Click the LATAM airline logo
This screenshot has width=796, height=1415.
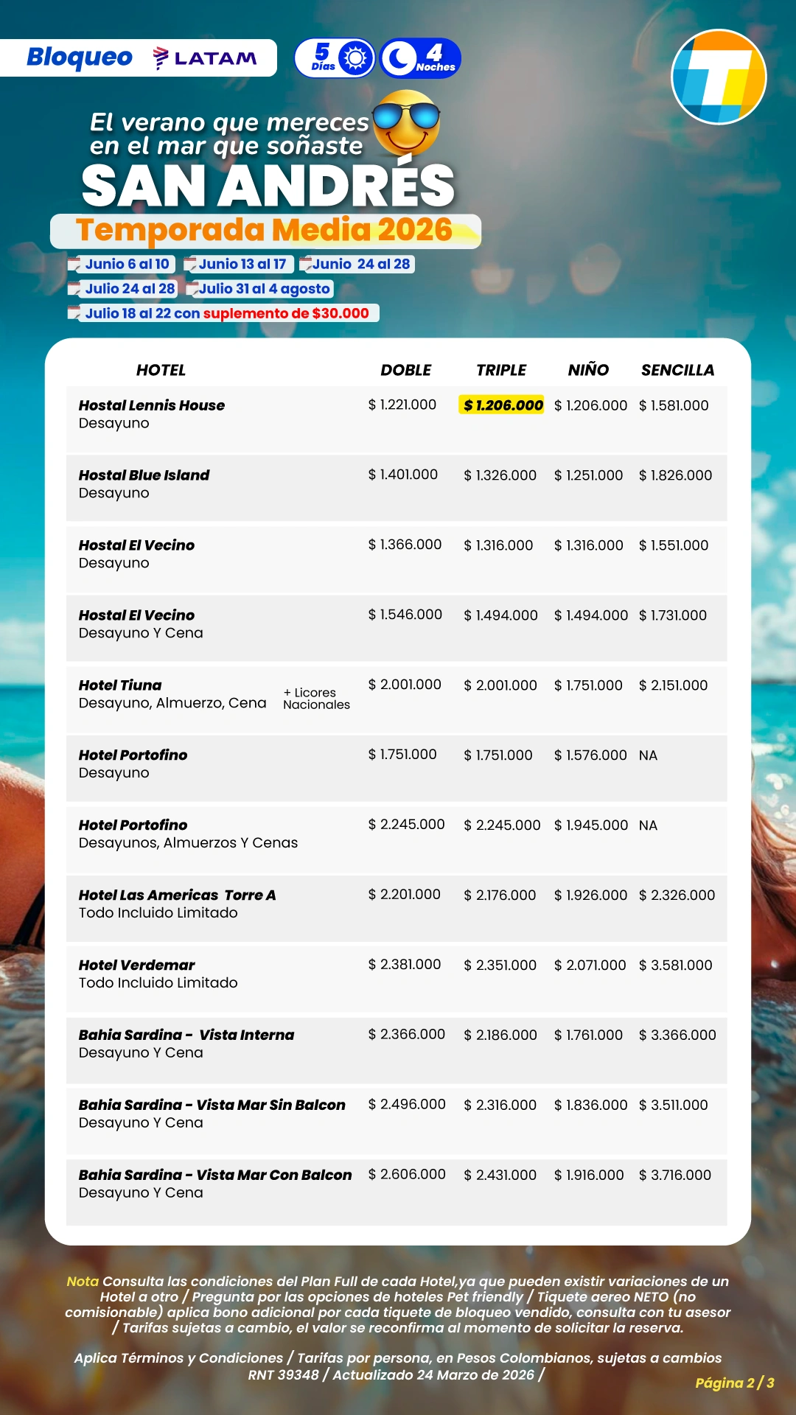[205, 58]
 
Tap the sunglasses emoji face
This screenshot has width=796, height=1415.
[406, 122]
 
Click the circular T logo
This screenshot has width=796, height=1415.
[719, 77]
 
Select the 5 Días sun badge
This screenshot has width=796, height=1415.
[335, 58]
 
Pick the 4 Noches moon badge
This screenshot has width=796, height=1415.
[421, 58]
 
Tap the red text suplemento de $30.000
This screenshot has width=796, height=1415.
[286, 313]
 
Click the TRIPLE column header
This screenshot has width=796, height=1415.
[501, 370]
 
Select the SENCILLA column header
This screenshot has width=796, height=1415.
[677, 370]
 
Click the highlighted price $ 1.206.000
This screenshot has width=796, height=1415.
[503, 405]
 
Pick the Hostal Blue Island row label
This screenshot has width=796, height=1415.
[144, 475]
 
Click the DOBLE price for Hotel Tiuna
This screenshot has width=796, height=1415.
[405, 685]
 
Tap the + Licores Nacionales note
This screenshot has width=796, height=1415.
[316, 699]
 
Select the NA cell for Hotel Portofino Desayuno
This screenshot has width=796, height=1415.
[648, 755]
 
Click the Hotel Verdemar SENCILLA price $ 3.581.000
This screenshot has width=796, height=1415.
[675, 965]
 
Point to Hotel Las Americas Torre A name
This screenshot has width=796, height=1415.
[177, 895]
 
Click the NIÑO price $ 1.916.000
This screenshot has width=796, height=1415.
[589, 1175]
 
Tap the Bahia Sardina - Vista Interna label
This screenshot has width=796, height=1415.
[186, 1035]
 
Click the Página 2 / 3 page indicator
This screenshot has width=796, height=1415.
[734, 1383]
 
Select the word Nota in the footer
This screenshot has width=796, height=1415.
[83, 1282]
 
